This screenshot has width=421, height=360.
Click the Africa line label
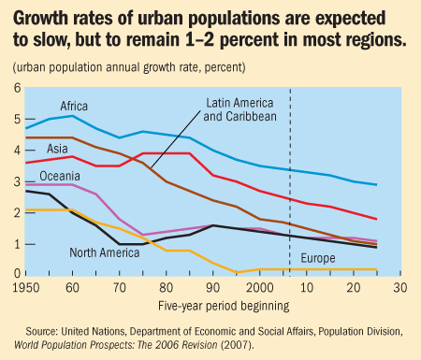74,106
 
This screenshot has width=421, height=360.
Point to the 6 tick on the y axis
15,88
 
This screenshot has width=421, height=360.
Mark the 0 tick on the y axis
15,273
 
